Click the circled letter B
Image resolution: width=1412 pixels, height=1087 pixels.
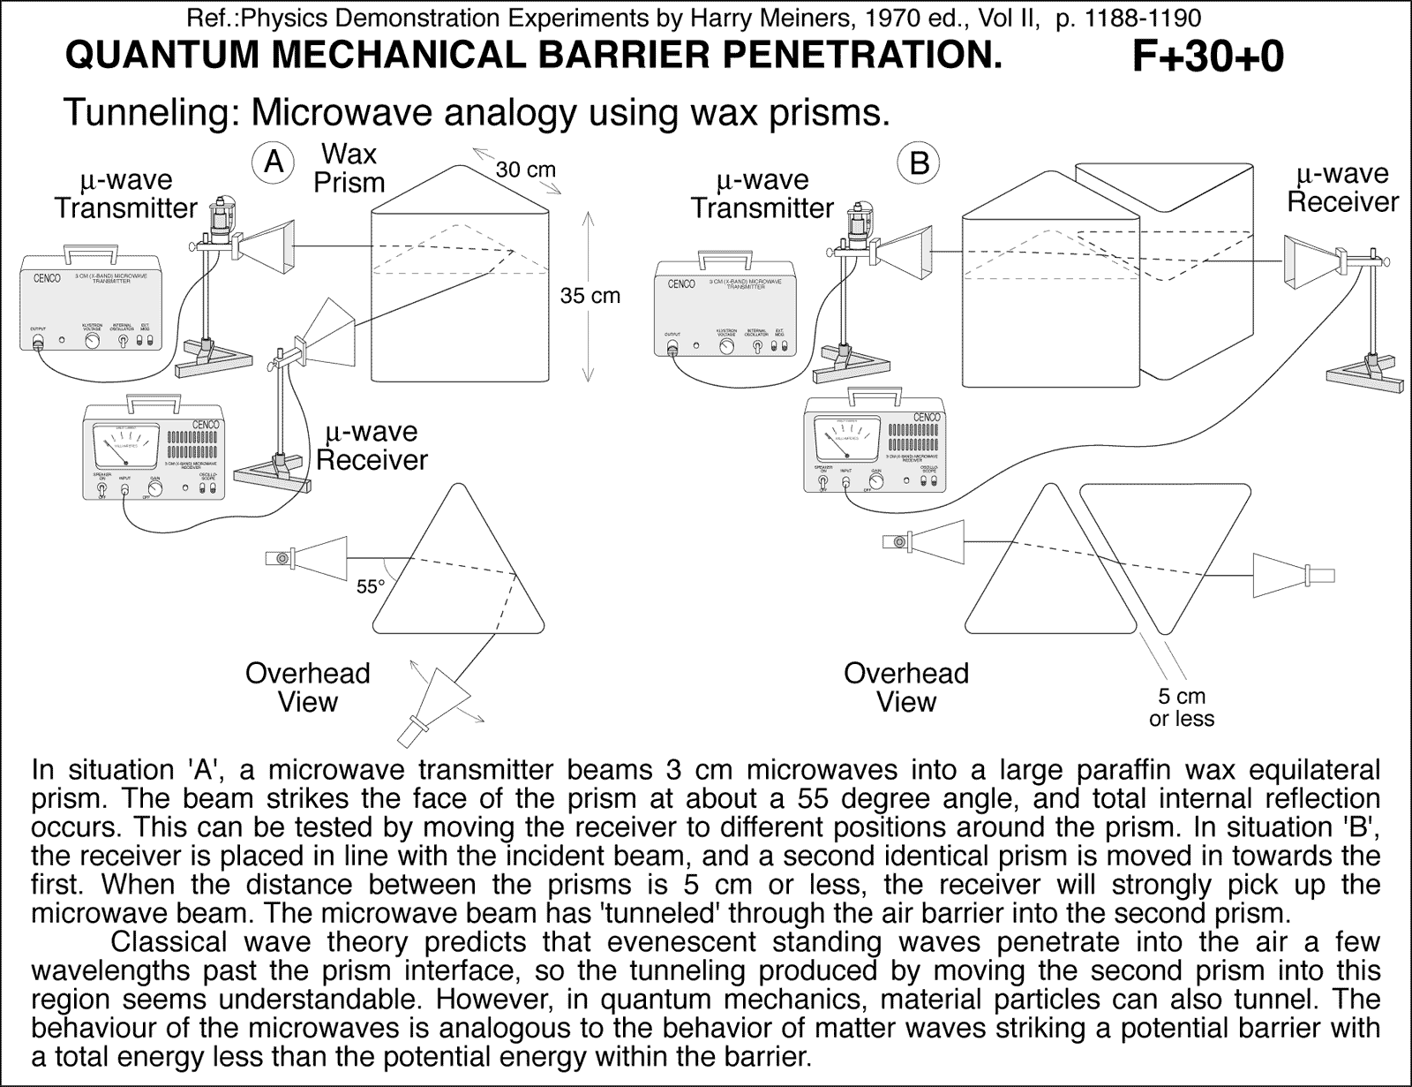(919, 163)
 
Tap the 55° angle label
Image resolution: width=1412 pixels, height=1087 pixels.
(371, 586)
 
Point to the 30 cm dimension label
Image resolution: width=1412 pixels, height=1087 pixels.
(525, 170)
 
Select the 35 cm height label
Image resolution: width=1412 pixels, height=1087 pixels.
(590, 296)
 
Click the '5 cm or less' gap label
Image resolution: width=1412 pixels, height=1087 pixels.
(1182, 707)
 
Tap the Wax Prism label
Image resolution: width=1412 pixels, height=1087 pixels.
(349, 169)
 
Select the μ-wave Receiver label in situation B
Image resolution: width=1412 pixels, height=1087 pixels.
(1342, 188)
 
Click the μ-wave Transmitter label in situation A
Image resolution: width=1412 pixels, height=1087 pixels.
(125, 194)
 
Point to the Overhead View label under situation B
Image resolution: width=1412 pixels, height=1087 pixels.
(905, 687)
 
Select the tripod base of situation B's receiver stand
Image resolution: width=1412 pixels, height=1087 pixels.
(1364, 374)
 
